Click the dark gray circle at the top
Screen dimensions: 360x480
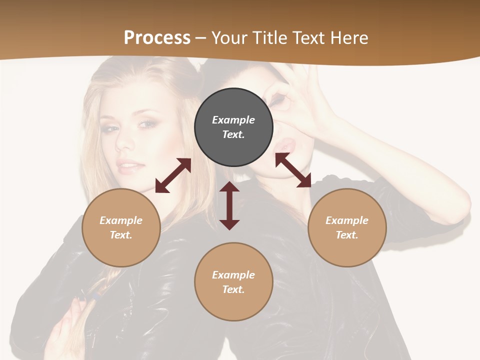233,127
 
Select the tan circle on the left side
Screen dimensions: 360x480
121,227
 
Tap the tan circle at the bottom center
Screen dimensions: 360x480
233,281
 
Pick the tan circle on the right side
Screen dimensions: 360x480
347,227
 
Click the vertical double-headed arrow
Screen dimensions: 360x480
229,205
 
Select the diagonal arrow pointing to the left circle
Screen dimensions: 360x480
173,175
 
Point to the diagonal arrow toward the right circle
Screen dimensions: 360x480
293,170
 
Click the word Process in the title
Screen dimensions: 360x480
157,38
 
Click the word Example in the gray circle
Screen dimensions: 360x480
233,120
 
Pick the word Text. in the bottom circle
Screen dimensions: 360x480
233,289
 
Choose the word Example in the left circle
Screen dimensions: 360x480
121,220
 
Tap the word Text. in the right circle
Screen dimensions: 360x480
347,235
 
